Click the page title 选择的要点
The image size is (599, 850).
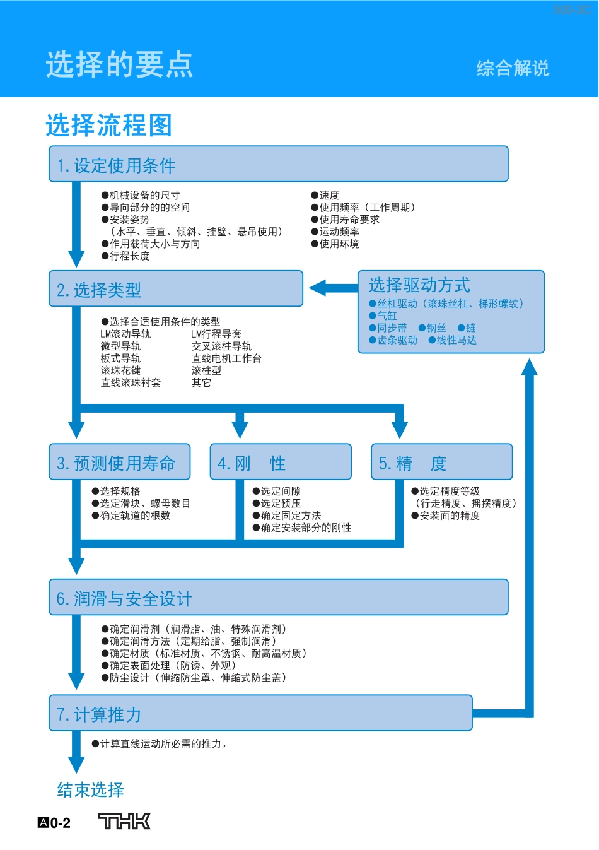tap(119, 65)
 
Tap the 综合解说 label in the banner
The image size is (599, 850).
tap(512, 68)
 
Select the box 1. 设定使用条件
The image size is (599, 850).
tap(278, 165)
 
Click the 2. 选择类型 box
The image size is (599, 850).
tap(176, 290)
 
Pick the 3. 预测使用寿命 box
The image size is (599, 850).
tap(120, 463)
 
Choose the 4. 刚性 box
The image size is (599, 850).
tap(281, 463)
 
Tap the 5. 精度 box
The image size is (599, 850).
tap(441, 463)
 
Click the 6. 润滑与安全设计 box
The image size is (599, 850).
tap(278, 598)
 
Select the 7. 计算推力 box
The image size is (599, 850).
tap(260, 714)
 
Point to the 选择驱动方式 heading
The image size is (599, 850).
tap(419, 285)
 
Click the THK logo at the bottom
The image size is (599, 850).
tap(125, 821)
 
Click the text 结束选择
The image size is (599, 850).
tap(90, 789)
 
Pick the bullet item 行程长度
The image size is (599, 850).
tap(129, 256)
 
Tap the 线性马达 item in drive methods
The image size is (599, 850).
tap(456, 340)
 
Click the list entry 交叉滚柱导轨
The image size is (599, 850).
tap(221, 346)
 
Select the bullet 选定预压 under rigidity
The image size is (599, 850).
tap(281, 504)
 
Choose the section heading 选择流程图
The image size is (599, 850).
tap(109, 125)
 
